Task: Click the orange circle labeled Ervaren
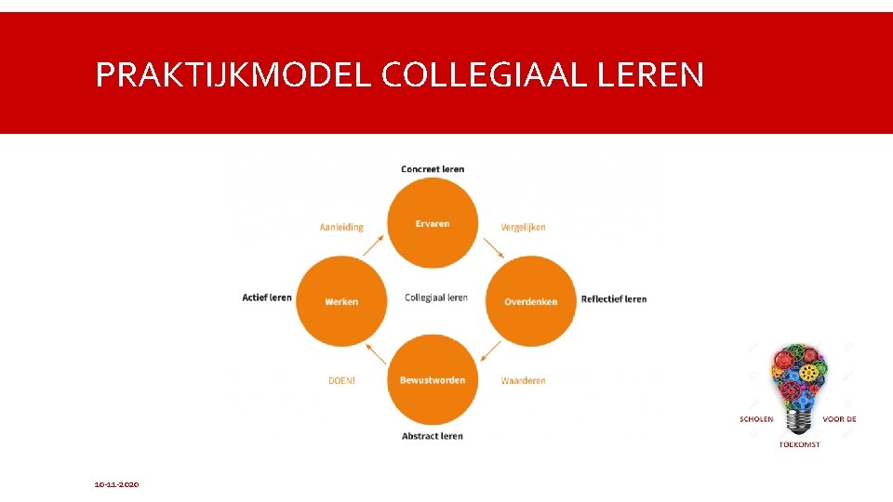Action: coord(433,223)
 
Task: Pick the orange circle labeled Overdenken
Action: coord(531,301)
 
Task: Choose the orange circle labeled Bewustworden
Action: coord(433,380)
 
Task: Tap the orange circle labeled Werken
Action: coord(341,301)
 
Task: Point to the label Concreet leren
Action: coord(433,169)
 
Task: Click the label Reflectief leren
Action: coord(613,299)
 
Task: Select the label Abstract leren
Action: coord(433,436)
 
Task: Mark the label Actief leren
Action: coord(267,297)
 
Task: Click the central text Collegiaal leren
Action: coord(436,297)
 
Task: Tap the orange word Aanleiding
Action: coord(341,227)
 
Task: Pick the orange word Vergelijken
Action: coord(523,227)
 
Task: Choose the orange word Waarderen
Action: coord(523,380)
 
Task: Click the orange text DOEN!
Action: coord(341,380)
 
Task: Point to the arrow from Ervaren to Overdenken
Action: coord(493,248)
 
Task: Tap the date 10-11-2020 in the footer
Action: coord(116,484)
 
